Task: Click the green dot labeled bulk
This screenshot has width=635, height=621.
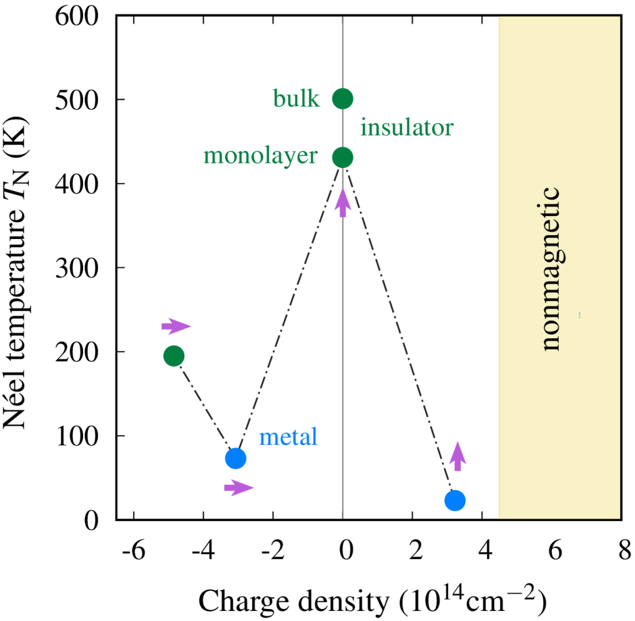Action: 342,98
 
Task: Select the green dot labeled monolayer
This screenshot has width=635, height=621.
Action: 342,157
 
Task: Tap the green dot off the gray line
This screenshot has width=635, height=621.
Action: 174,356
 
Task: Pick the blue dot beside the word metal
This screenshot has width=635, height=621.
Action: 235,458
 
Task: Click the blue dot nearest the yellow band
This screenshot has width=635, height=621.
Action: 455,500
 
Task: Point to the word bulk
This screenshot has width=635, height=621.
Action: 296,99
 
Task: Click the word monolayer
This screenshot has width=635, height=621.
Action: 260,155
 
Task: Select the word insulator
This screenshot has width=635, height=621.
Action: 406,128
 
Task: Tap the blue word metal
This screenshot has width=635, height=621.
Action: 288,437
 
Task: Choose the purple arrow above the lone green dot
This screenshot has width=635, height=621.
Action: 176,326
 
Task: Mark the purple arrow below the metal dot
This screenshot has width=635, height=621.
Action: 239,487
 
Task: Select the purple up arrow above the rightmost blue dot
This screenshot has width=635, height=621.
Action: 458,456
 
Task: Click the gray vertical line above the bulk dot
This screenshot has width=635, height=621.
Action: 342,50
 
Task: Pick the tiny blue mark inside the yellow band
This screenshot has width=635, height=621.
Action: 579,315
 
